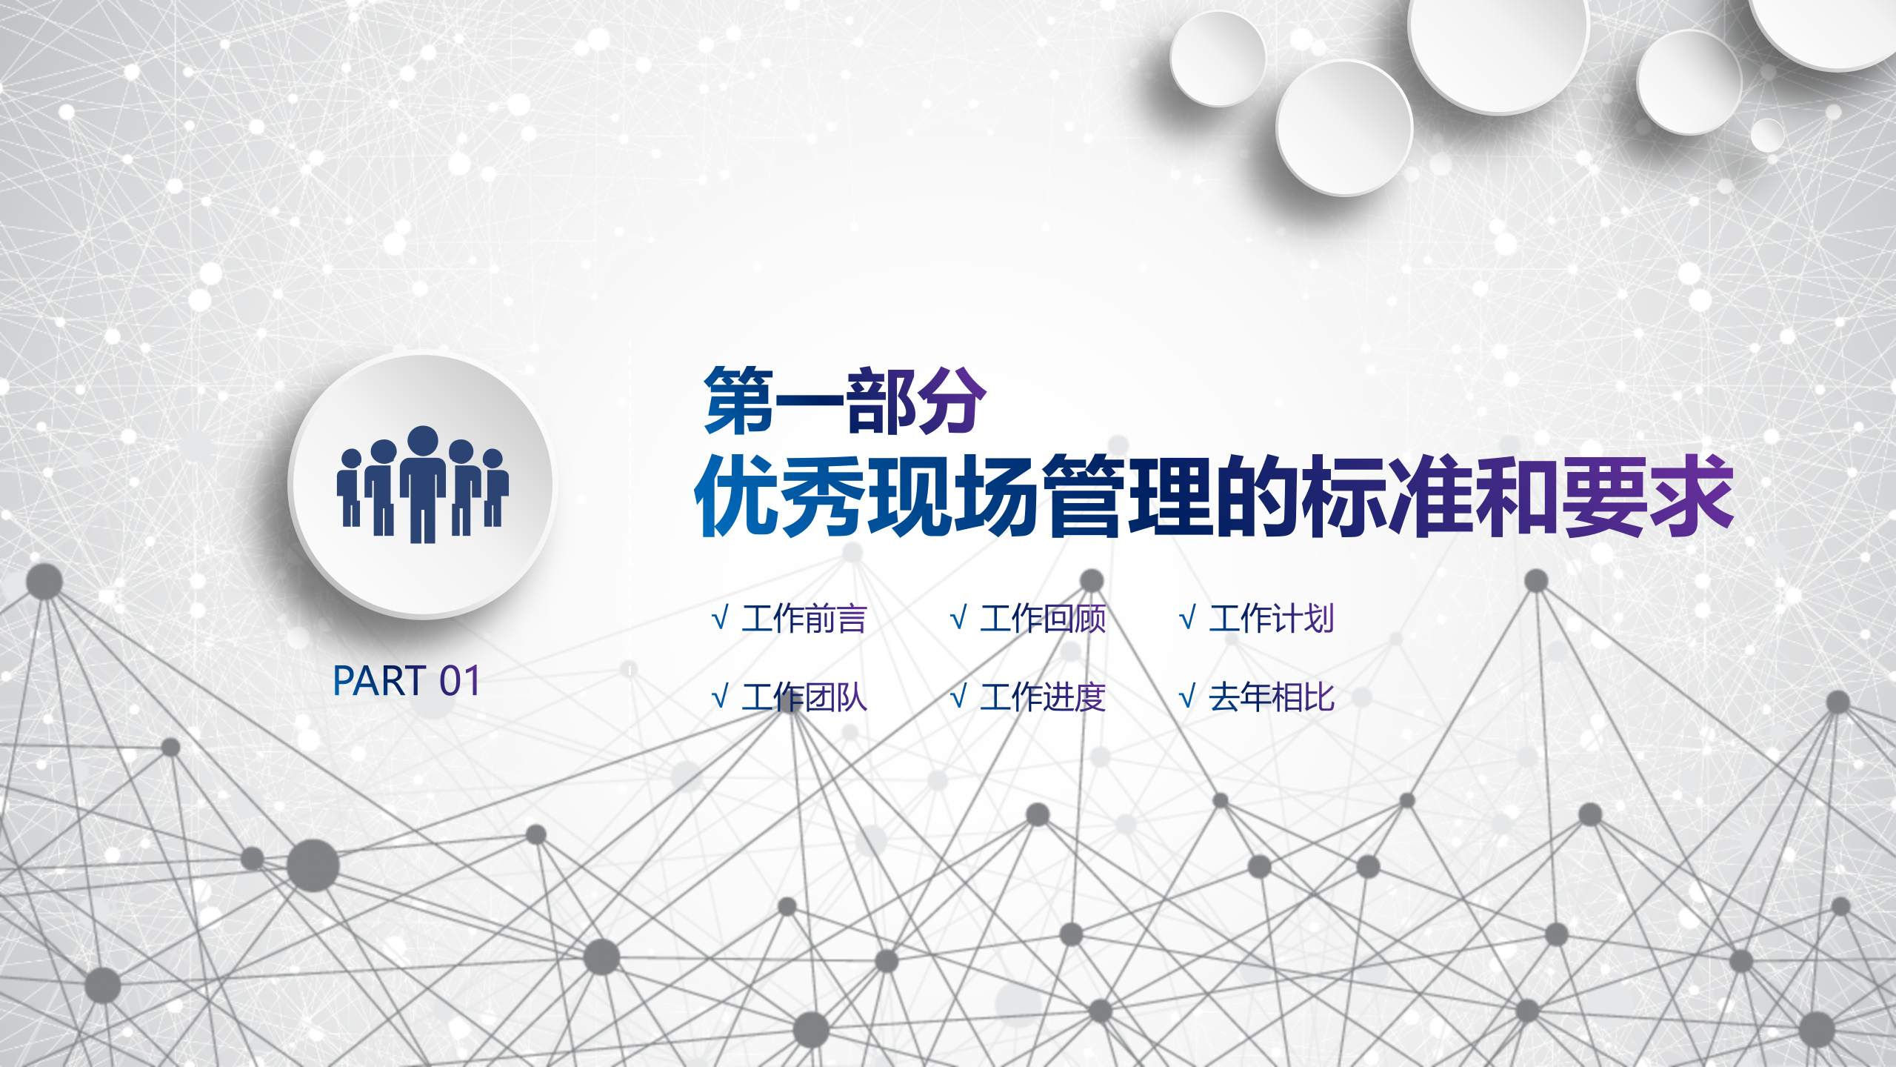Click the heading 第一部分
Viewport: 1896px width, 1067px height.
(845, 400)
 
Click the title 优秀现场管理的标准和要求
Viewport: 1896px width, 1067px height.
(1214, 496)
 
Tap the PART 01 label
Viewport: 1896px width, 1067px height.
(407, 681)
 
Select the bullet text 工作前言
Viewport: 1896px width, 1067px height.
(804, 619)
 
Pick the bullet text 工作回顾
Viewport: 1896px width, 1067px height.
(1043, 619)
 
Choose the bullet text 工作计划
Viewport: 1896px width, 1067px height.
(1272, 619)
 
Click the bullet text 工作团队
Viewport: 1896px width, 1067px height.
(804, 697)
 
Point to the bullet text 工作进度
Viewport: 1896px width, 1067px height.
(1043, 697)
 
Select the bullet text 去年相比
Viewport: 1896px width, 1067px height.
(1272, 697)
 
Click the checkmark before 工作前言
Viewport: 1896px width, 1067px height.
(720, 618)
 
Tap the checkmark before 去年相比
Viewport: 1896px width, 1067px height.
(1187, 697)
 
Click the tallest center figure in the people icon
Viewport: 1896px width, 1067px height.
(423, 484)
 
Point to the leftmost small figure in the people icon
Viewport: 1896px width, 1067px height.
(350, 489)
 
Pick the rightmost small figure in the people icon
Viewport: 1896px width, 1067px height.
(495, 489)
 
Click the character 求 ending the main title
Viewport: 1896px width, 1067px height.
(1692, 496)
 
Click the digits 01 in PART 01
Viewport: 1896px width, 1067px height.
(460, 681)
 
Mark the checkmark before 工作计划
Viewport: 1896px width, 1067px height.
(1187, 618)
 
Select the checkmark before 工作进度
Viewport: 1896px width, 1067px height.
(958, 697)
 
